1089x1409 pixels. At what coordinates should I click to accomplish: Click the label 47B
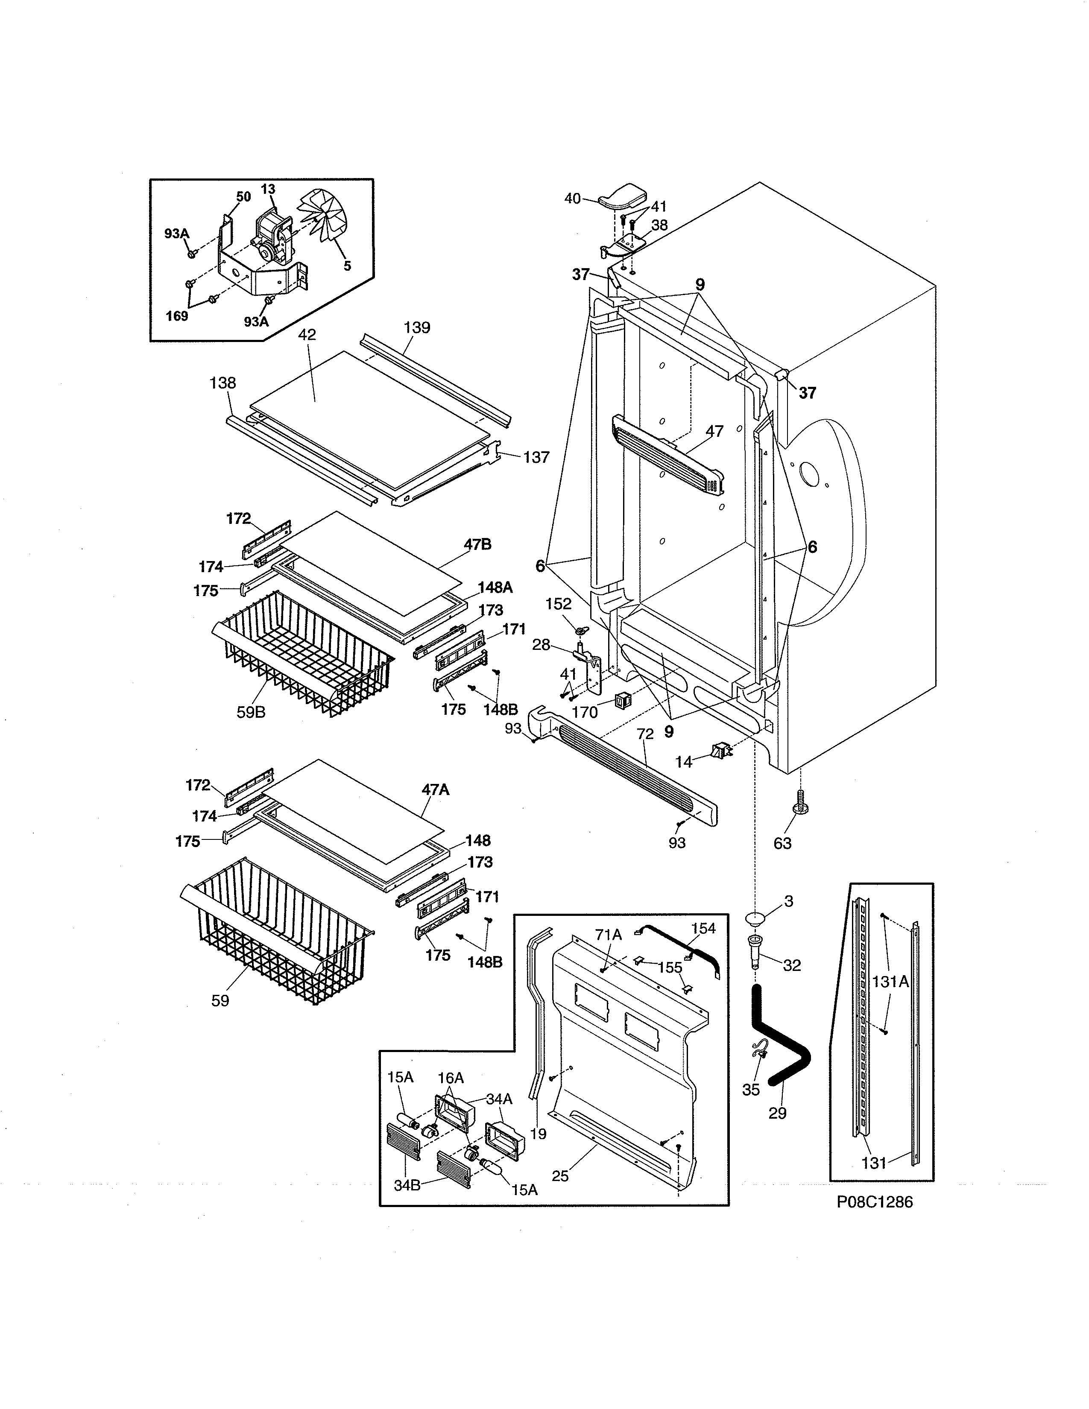coord(477,544)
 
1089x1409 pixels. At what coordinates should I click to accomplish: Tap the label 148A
coord(495,587)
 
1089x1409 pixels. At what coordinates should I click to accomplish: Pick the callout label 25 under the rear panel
coord(560,1176)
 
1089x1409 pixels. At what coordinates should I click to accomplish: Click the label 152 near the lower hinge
coord(558,603)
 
